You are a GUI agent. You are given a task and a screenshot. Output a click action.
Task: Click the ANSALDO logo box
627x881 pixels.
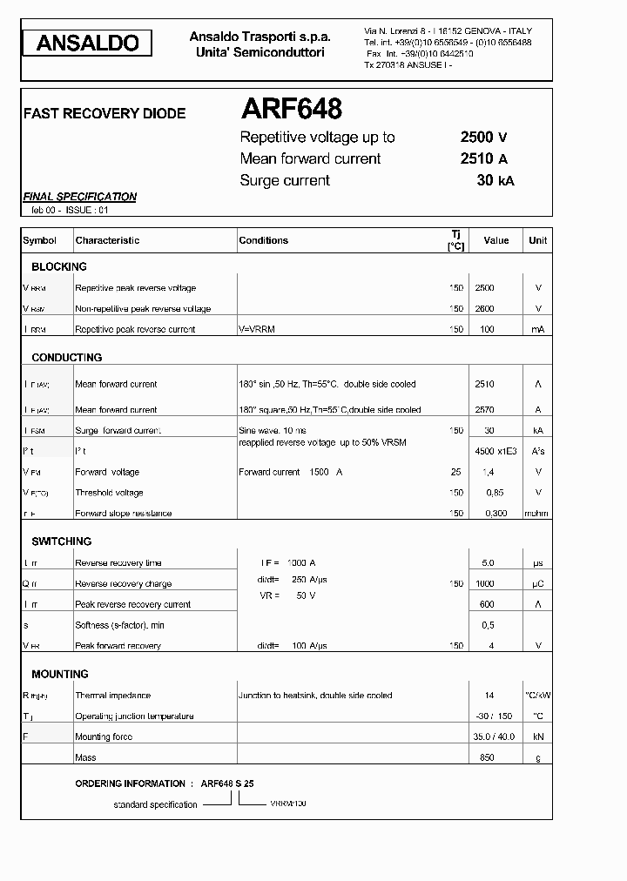tap(88, 43)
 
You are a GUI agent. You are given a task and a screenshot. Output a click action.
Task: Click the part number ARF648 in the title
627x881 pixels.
tap(291, 109)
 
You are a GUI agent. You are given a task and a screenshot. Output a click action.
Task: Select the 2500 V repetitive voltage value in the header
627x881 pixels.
tap(483, 137)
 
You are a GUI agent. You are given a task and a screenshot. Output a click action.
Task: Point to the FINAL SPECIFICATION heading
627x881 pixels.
tap(79, 197)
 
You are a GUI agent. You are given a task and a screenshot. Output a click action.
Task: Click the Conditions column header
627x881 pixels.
tap(263, 240)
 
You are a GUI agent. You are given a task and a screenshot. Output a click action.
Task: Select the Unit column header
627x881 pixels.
tap(537, 240)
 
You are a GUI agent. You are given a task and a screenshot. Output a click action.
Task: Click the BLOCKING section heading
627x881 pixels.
tap(59, 267)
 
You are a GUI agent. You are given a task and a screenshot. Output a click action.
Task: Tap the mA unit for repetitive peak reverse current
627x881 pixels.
tap(537, 330)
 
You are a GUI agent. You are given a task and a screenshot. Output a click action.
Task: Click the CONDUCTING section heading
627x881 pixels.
tap(67, 358)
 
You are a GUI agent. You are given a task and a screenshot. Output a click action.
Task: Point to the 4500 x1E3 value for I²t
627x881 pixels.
tap(495, 451)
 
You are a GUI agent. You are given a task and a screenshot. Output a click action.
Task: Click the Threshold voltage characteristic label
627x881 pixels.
tap(109, 493)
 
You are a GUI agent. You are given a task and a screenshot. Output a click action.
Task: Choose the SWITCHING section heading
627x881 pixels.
tap(62, 541)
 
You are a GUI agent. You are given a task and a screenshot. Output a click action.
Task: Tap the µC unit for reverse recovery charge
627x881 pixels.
tap(537, 584)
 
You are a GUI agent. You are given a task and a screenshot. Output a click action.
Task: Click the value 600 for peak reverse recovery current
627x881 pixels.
tap(486, 604)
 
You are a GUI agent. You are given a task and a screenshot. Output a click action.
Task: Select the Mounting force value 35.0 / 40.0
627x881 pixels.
tap(494, 737)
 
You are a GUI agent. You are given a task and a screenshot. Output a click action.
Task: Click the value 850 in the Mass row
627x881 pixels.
tap(486, 758)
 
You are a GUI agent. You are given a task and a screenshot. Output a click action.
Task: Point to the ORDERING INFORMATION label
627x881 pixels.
tap(130, 784)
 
